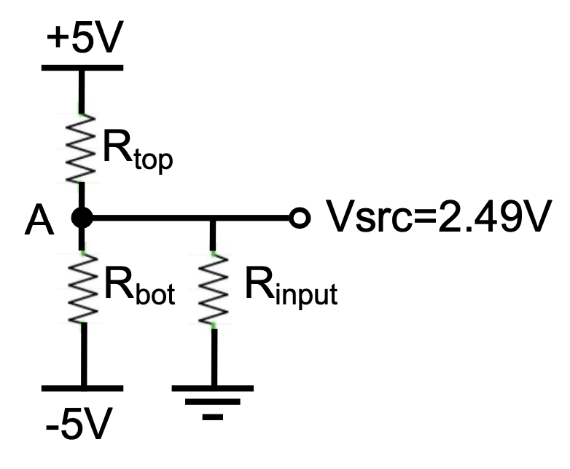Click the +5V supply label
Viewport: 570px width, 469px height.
pos(81,41)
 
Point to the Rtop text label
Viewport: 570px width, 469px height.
pos(137,150)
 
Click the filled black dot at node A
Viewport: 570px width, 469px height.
pos(82,217)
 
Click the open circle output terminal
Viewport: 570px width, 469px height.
pos(296,217)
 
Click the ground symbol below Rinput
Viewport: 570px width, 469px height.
pos(213,401)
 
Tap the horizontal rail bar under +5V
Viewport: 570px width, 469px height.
pos(82,68)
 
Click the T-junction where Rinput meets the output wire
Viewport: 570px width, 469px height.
pos(213,217)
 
